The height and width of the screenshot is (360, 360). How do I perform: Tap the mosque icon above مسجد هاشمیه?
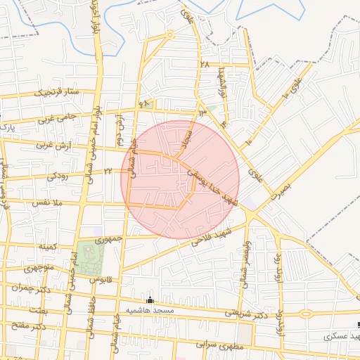coord(149,300)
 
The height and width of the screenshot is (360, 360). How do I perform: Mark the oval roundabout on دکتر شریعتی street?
coord(306,314)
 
